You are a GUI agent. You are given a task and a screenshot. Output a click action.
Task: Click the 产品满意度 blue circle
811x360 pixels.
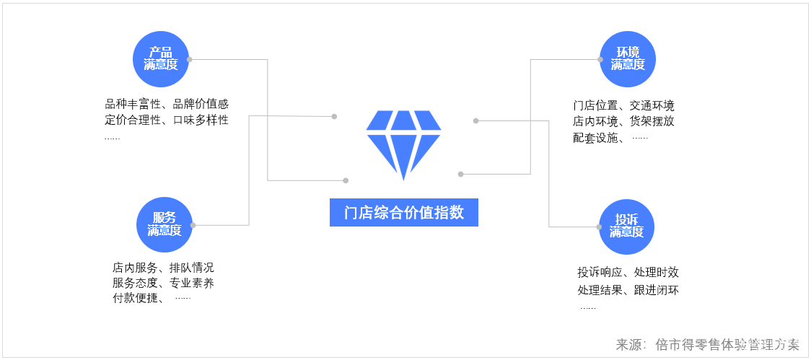tap(160, 59)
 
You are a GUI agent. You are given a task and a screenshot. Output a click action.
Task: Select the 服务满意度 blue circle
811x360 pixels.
tap(164, 224)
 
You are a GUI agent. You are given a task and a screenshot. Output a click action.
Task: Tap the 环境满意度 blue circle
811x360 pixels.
tap(628, 59)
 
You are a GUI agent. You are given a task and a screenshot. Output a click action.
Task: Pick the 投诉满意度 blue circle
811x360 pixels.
tap(626, 226)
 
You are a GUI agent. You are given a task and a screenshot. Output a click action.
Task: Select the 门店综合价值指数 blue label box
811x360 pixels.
tap(403, 213)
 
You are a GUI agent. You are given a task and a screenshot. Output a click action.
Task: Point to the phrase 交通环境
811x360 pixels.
tap(652, 106)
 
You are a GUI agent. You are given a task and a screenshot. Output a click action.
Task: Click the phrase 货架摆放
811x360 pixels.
tap(652, 122)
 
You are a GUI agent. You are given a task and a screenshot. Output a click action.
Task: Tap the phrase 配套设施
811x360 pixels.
tap(596, 138)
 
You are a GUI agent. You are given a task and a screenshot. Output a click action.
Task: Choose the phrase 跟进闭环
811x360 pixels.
tap(656, 291)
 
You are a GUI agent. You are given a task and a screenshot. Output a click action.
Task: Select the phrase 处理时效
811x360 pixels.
tap(656, 273)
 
